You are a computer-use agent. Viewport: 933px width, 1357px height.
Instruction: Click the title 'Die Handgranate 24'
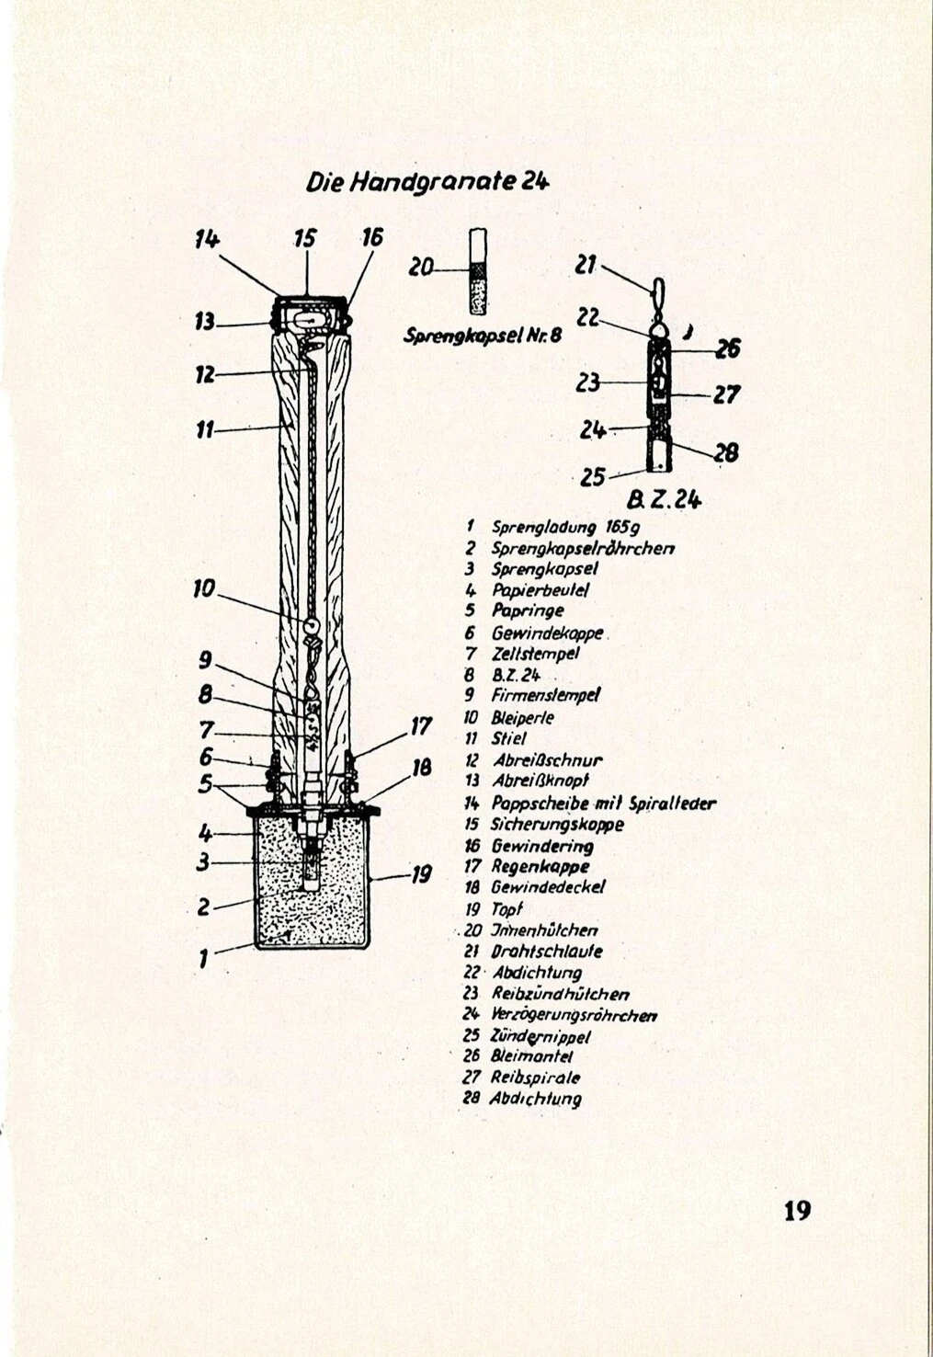(427, 182)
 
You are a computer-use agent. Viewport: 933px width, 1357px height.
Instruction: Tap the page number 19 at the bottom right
(797, 1211)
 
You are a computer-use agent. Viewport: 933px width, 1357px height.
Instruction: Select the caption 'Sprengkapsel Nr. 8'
(483, 336)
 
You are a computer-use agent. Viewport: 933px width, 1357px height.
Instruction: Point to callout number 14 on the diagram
(207, 239)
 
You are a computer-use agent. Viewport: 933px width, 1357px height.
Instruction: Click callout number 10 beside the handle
(203, 588)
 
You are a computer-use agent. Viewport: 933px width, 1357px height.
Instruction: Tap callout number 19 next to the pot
(420, 873)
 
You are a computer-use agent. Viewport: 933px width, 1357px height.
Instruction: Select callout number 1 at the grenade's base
(204, 959)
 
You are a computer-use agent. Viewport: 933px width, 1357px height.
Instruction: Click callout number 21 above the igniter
(586, 265)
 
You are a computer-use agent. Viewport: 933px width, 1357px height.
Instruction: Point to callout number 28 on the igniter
(726, 451)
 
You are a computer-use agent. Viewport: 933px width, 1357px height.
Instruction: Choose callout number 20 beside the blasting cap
(421, 268)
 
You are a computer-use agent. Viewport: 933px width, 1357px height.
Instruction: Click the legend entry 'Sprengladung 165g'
(558, 528)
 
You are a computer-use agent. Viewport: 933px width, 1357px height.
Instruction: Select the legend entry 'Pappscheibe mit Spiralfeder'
(603, 804)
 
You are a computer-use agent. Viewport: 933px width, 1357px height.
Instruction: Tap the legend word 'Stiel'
(509, 738)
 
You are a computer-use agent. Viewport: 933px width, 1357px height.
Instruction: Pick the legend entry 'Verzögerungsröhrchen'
(574, 1016)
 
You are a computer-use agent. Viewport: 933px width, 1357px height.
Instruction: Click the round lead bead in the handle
(312, 626)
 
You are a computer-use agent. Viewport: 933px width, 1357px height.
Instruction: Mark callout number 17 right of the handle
(420, 726)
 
